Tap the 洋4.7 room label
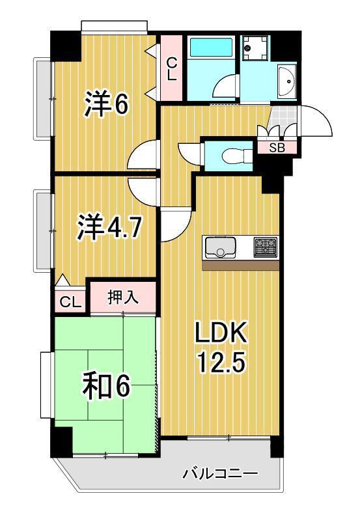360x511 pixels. pos(109,228)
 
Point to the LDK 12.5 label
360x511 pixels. pos(221,347)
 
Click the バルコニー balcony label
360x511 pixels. pos(219,473)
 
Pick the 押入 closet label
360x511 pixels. pos(122,297)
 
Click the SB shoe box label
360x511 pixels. pos(277,148)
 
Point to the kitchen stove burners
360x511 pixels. pos(265,247)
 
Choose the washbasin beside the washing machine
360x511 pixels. pos(285,81)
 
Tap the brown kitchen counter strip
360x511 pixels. pos(240,265)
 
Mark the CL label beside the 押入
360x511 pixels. pos(70,302)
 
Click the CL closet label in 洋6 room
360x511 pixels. pos(171,68)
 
